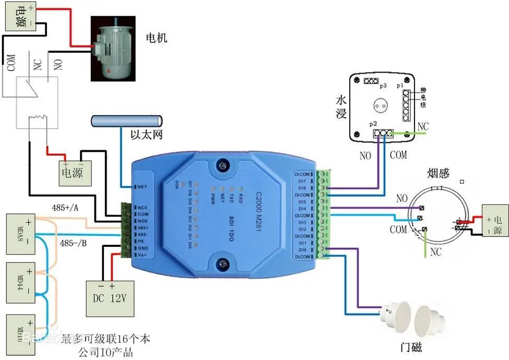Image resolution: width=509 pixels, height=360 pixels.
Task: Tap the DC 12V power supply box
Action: tap(110, 298)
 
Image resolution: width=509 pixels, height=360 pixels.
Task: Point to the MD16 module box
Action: tap(20, 331)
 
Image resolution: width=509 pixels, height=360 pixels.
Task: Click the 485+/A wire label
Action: tap(66, 207)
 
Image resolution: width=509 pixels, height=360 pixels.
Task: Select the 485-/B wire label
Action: tap(74, 243)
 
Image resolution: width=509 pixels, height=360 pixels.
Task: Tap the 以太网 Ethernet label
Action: tap(147, 135)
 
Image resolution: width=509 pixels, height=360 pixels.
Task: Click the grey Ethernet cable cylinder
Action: tap(126, 121)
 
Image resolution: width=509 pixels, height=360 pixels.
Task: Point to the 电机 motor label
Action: tap(157, 38)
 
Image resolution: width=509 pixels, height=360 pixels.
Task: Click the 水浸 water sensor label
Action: tap(341, 106)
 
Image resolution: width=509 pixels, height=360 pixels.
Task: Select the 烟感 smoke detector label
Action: tap(439, 173)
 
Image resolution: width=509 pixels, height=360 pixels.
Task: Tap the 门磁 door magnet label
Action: tap(410, 347)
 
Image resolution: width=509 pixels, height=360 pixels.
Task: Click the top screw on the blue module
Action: tap(223, 165)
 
